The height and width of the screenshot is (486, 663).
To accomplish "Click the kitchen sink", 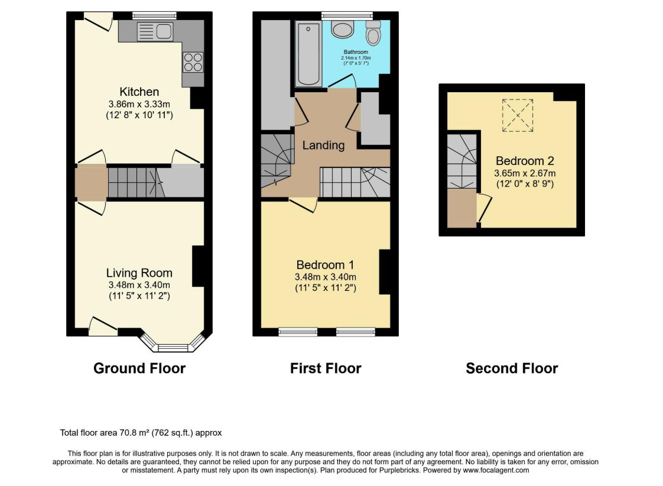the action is (x=155, y=31).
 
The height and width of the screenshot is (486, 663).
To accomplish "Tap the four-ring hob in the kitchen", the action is (x=193, y=62).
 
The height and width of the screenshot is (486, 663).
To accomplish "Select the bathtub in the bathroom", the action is (x=308, y=54).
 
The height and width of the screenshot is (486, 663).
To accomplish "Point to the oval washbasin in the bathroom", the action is (x=343, y=30).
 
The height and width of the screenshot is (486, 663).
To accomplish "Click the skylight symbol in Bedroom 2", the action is (x=518, y=115).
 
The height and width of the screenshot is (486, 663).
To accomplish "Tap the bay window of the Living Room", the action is (x=173, y=342).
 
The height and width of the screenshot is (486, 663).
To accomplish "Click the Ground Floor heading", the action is (x=139, y=368).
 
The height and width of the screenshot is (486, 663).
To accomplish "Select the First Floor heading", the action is (x=326, y=368).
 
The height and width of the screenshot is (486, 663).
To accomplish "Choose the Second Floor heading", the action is (x=512, y=368).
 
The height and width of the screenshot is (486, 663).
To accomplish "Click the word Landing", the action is (x=323, y=145).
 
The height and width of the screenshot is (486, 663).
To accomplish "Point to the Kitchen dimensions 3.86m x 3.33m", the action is (x=139, y=104).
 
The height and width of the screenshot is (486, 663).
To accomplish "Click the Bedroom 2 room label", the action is (x=525, y=161).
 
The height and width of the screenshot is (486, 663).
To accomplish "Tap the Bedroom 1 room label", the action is (x=325, y=265).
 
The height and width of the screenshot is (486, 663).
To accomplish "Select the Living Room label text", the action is (x=139, y=273).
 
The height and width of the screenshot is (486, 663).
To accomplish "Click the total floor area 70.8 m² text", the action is (x=141, y=433).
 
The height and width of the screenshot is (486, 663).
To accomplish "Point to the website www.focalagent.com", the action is (x=496, y=470).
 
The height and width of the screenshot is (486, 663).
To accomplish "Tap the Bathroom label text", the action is (x=356, y=52).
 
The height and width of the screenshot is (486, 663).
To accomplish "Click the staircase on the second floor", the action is (x=462, y=161).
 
